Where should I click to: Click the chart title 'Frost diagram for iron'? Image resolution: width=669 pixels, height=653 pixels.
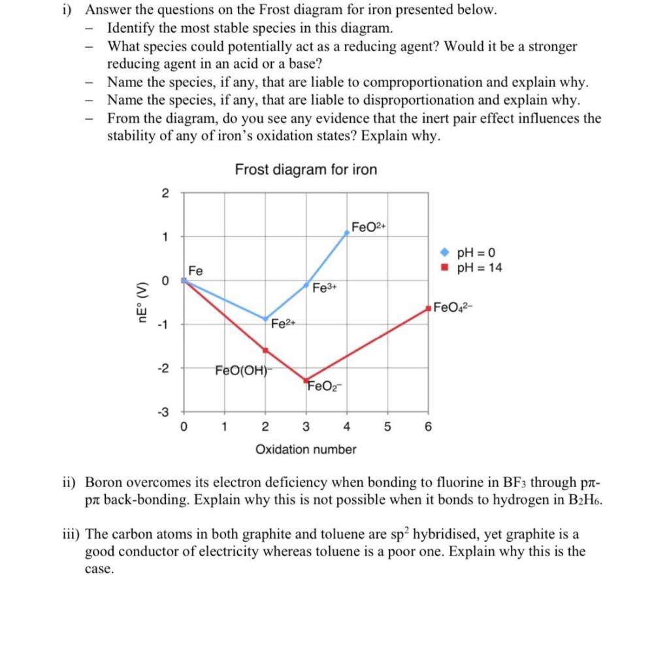pyautogui.click(x=306, y=170)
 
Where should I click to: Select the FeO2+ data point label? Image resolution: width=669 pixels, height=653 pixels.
pyautogui.click(x=369, y=227)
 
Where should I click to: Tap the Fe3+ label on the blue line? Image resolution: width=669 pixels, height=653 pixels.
pyautogui.click(x=325, y=288)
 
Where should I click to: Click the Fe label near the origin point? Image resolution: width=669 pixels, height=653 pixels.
pyautogui.click(x=195, y=271)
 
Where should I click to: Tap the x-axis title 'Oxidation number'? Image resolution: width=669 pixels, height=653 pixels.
pyautogui.click(x=306, y=450)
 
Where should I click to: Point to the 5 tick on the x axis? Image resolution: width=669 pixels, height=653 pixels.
pyautogui.click(x=387, y=428)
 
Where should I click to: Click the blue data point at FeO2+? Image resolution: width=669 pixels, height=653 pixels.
pyautogui.click(x=347, y=232)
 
